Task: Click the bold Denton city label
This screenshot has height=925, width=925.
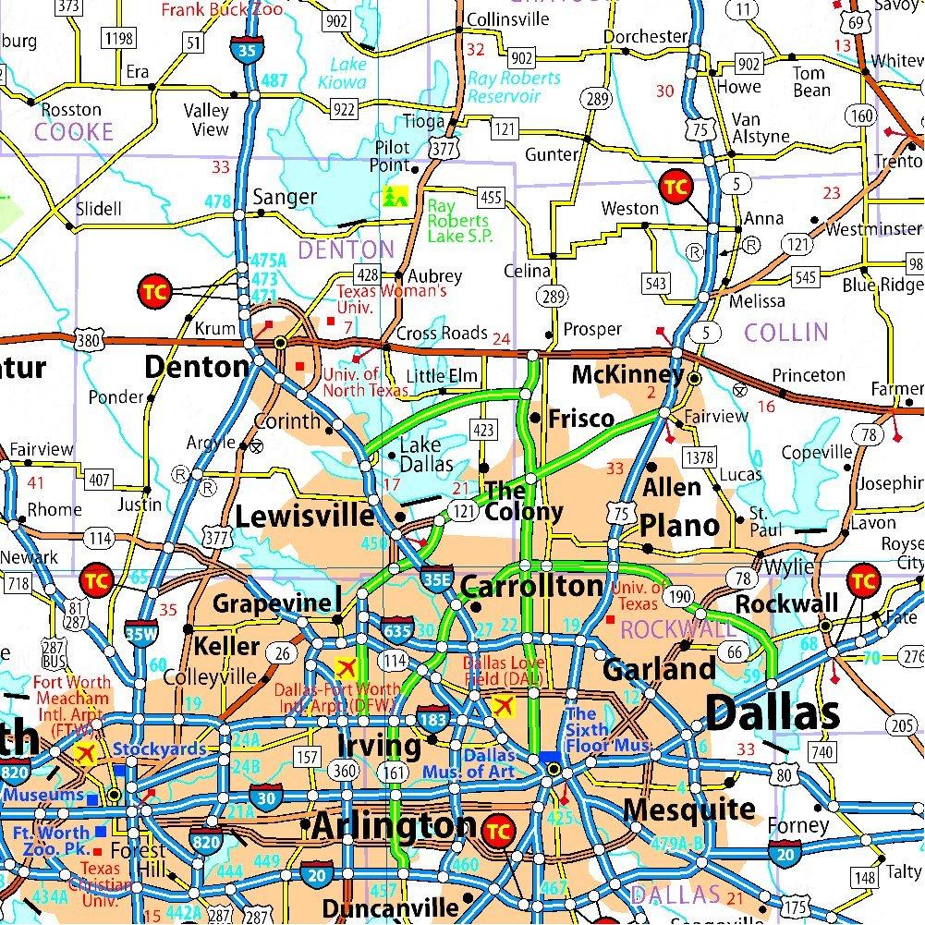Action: click(196, 367)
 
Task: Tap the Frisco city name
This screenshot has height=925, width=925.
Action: click(580, 419)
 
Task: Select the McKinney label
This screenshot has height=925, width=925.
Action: click(627, 374)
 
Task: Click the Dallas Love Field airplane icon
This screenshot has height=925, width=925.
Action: click(505, 707)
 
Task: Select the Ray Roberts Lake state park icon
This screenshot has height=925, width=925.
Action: click(396, 196)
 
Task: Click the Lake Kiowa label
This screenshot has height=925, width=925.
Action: click(348, 73)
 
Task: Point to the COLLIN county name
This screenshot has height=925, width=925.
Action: click(785, 332)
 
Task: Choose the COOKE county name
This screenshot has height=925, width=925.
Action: click(73, 132)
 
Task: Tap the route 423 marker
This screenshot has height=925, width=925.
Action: click(483, 429)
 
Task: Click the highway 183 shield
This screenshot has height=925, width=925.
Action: click(432, 718)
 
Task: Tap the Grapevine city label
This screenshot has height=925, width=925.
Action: click(272, 603)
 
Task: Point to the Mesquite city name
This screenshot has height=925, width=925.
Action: click(688, 809)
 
